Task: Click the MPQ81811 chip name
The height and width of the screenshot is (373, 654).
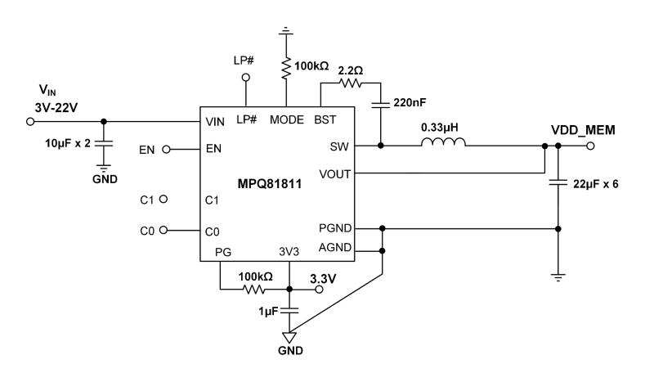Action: coord(270,183)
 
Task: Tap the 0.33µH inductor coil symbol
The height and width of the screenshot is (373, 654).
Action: coord(443,142)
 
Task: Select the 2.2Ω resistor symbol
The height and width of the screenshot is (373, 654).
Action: coord(351,83)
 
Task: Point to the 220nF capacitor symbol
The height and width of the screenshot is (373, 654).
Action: coord(380,103)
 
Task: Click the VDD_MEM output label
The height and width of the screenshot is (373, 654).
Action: coord(583,130)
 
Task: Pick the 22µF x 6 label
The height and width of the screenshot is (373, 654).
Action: coord(596,184)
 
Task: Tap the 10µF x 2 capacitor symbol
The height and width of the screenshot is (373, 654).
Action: coord(104,143)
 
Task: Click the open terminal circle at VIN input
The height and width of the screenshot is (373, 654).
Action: coord(30,121)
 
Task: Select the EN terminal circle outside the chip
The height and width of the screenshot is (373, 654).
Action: coord(166,149)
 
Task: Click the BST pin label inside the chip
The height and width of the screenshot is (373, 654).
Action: coord(325,119)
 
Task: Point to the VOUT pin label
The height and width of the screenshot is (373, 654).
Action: coord(335,174)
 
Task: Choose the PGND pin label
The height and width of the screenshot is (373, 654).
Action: coord(335,228)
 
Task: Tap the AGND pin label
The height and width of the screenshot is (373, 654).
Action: coord(335,247)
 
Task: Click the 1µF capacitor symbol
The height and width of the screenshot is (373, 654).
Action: coord(289,310)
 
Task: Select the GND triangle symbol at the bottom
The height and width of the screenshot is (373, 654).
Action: coord(289,337)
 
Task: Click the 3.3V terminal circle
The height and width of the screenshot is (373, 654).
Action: coord(319,289)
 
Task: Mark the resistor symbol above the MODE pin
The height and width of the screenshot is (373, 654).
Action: coord(286,68)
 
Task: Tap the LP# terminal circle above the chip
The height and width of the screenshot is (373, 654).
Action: coord(246,77)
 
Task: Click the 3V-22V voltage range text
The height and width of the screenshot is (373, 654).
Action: coord(56,108)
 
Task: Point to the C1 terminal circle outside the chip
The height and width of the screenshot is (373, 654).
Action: coord(163,199)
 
